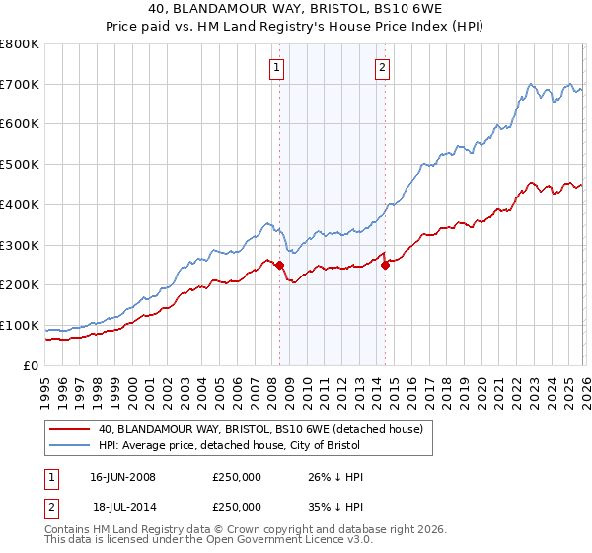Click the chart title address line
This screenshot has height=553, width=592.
coord(295,8)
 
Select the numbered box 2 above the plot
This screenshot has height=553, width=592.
coord(381,68)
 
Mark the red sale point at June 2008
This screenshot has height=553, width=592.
coord(279,265)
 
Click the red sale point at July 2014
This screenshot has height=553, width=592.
coord(385,265)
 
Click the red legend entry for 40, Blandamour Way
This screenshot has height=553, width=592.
coord(260,429)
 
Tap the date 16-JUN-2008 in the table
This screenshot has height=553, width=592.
coord(122,477)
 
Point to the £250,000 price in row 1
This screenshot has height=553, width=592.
coord(237,477)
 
